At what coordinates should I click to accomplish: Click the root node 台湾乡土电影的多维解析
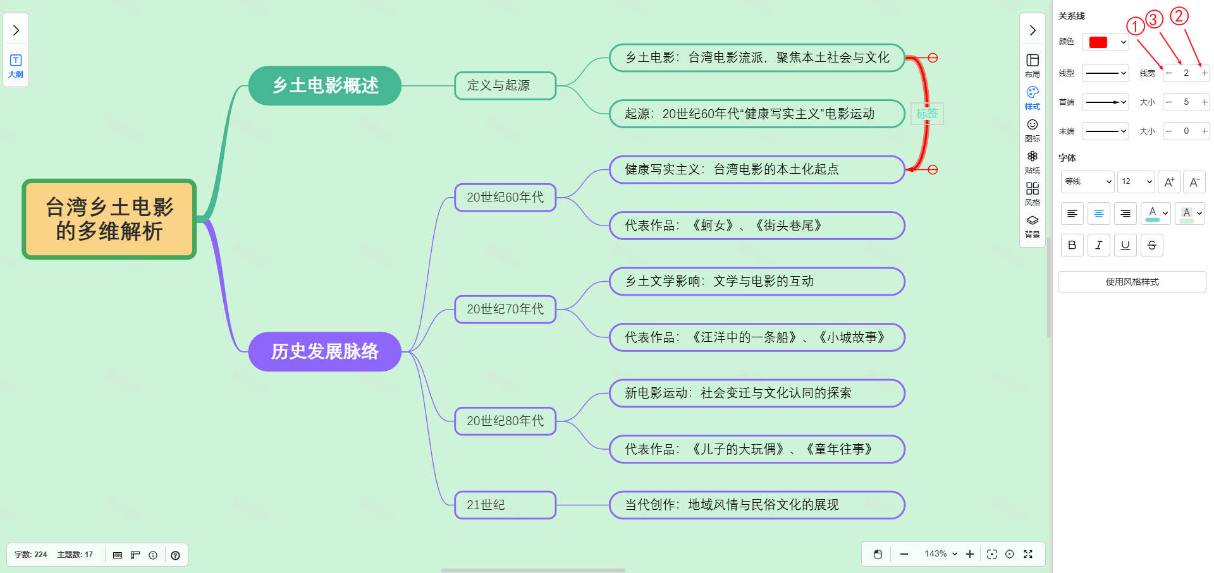(x=109, y=219)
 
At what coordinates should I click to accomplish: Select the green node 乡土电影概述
(x=325, y=85)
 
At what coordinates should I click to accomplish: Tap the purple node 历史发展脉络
(x=325, y=351)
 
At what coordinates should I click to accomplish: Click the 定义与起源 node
(x=505, y=85)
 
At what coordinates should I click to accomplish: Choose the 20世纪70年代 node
(x=505, y=309)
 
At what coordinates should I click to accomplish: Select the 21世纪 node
(x=505, y=505)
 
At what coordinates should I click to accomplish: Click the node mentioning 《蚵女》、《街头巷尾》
(x=756, y=226)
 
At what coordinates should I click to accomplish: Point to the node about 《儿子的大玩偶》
(x=756, y=449)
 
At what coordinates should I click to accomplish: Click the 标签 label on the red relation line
(x=927, y=114)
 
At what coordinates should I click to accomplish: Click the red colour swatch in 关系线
(x=1099, y=42)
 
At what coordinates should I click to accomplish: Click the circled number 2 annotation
(x=1179, y=16)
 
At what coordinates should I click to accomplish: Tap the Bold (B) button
(x=1072, y=245)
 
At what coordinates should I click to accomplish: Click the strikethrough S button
(x=1151, y=245)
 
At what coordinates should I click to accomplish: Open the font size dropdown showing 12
(x=1136, y=181)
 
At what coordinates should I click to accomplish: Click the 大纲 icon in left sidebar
(x=16, y=65)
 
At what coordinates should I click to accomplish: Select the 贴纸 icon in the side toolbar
(x=1032, y=160)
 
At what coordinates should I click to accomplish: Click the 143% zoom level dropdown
(x=940, y=554)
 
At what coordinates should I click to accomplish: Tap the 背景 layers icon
(x=1032, y=225)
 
